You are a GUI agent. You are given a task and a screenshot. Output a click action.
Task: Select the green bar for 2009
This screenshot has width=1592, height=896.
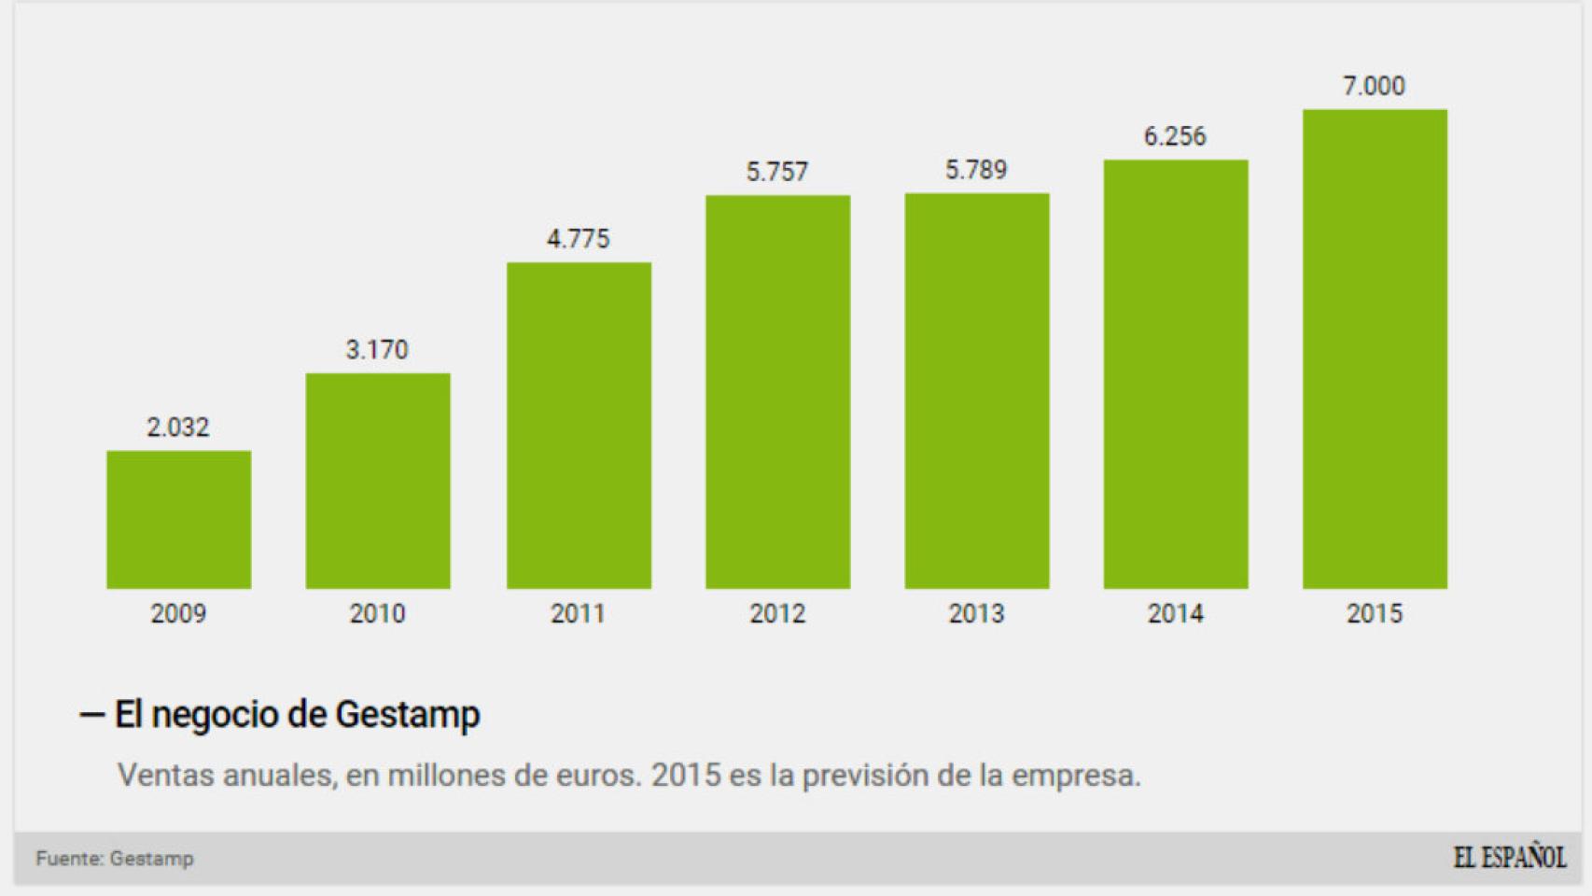pyautogui.click(x=178, y=520)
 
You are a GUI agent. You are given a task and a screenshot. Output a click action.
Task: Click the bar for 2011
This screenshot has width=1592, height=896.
pyautogui.click(x=579, y=426)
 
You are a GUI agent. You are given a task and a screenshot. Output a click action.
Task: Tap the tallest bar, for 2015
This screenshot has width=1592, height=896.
pyautogui.click(x=1375, y=349)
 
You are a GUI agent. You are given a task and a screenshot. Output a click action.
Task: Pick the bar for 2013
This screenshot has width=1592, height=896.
pyautogui.click(x=976, y=391)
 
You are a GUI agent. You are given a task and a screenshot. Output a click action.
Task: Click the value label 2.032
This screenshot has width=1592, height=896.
pyautogui.click(x=178, y=427)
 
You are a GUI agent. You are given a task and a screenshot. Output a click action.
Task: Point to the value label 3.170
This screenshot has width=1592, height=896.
pyautogui.click(x=377, y=350)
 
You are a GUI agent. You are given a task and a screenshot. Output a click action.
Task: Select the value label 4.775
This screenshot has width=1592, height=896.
pyautogui.click(x=579, y=239)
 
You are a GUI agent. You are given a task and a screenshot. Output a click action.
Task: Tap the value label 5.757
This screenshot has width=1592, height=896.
pyautogui.click(x=777, y=172)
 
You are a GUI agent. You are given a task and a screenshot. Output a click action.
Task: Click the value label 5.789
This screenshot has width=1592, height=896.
pyautogui.click(x=976, y=170)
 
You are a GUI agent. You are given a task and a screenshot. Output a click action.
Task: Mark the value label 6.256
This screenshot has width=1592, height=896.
pyautogui.click(x=1175, y=136)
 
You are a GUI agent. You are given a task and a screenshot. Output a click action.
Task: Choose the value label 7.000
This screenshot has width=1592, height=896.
pyautogui.click(x=1374, y=86)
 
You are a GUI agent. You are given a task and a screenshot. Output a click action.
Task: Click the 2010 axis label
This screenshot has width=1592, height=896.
pyautogui.click(x=377, y=613)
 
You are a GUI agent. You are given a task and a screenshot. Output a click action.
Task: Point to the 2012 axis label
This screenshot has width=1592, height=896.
pyautogui.click(x=777, y=613)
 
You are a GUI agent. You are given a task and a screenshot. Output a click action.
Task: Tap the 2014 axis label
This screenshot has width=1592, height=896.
pyautogui.click(x=1175, y=613)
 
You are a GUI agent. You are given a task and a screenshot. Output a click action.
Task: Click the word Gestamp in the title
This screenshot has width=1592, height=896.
pyautogui.click(x=407, y=715)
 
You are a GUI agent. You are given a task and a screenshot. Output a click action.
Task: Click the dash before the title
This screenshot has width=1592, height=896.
pyautogui.click(x=91, y=715)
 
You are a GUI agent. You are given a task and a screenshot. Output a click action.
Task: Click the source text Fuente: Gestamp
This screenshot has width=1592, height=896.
pyautogui.click(x=115, y=859)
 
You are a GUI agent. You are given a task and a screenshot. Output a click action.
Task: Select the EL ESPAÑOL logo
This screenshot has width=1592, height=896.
pyautogui.click(x=1509, y=858)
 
